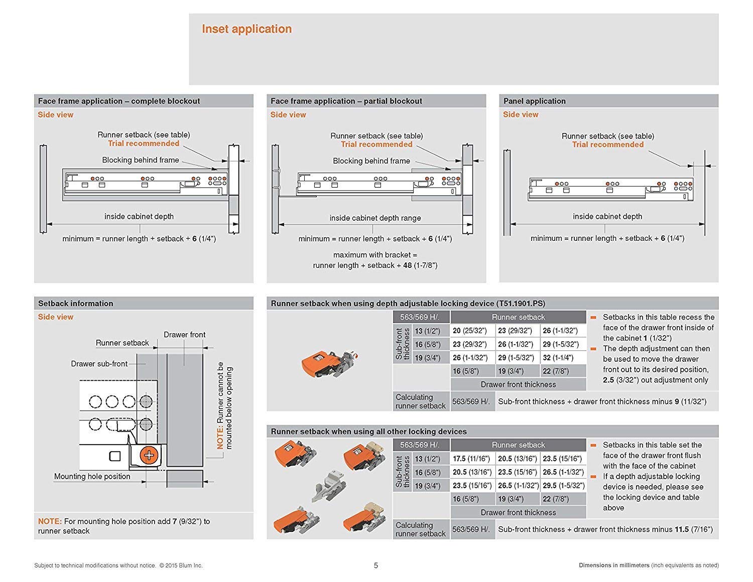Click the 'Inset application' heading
246,29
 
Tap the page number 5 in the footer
376,565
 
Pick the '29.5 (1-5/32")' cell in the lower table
564,486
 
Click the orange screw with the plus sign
149,455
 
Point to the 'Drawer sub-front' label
99,364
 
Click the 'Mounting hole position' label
92,477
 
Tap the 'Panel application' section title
534,101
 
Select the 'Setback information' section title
76,304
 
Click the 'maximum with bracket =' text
375,255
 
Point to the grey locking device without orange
327,484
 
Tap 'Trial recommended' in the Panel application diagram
607,144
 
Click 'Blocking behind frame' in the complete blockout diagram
141,160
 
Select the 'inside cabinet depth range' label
375,218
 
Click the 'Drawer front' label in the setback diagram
184,335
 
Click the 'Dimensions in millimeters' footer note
613,565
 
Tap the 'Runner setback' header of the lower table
518,445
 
